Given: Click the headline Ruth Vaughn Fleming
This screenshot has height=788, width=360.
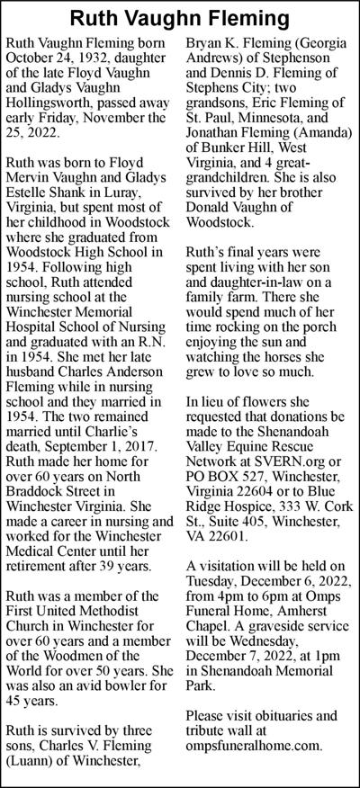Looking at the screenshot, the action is tap(180, 17).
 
